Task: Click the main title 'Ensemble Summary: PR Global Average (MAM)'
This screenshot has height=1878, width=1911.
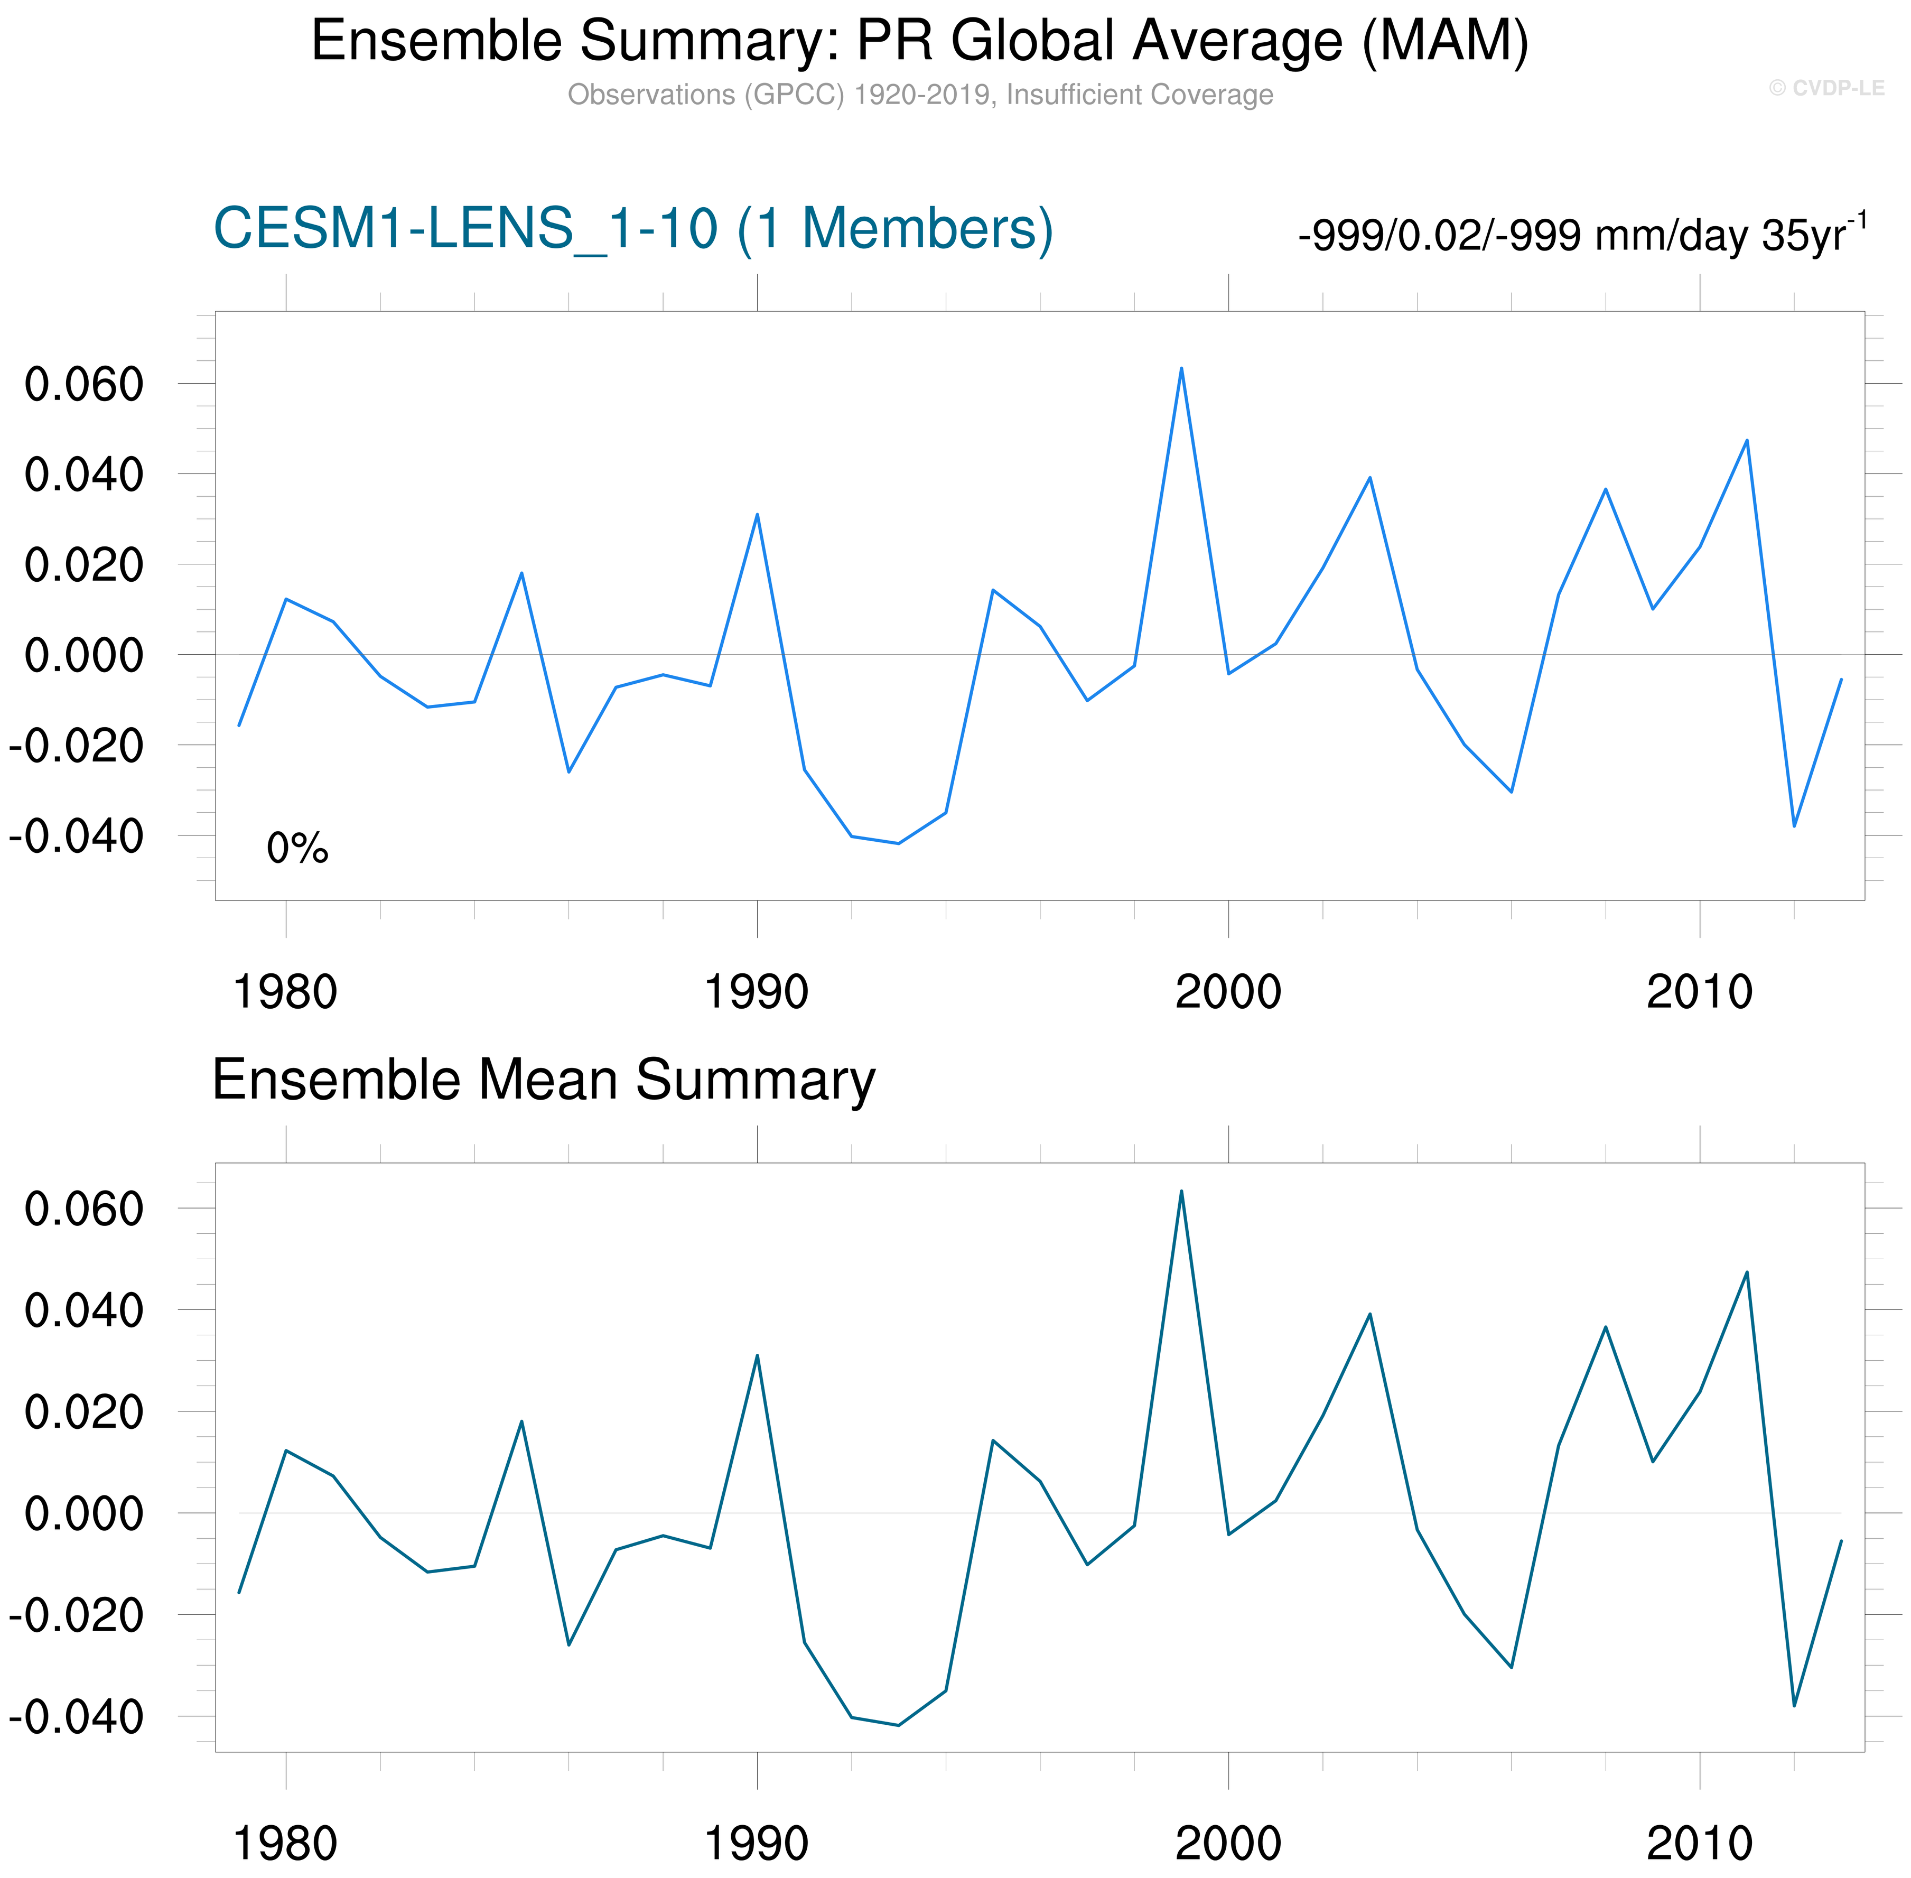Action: coord(919,41)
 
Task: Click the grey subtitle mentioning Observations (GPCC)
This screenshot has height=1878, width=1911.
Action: coord(919,95)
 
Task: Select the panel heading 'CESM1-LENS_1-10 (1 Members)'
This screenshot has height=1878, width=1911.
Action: coord(633,229)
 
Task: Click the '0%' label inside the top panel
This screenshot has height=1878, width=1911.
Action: coord(297,848)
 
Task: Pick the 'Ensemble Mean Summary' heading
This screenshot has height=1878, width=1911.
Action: coord(543,1079)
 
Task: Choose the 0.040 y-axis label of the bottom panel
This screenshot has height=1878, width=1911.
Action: coord(84,1311)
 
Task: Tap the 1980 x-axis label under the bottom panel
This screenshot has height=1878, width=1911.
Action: coord(285,1843)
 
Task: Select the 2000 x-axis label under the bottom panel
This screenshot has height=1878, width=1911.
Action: coord(1228,1843)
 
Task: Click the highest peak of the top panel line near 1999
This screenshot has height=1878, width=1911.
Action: coord(1181,369)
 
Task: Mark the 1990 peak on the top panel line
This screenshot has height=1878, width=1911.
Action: coord(756,515)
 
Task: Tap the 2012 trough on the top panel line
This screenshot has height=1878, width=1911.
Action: coord(1794,825)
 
